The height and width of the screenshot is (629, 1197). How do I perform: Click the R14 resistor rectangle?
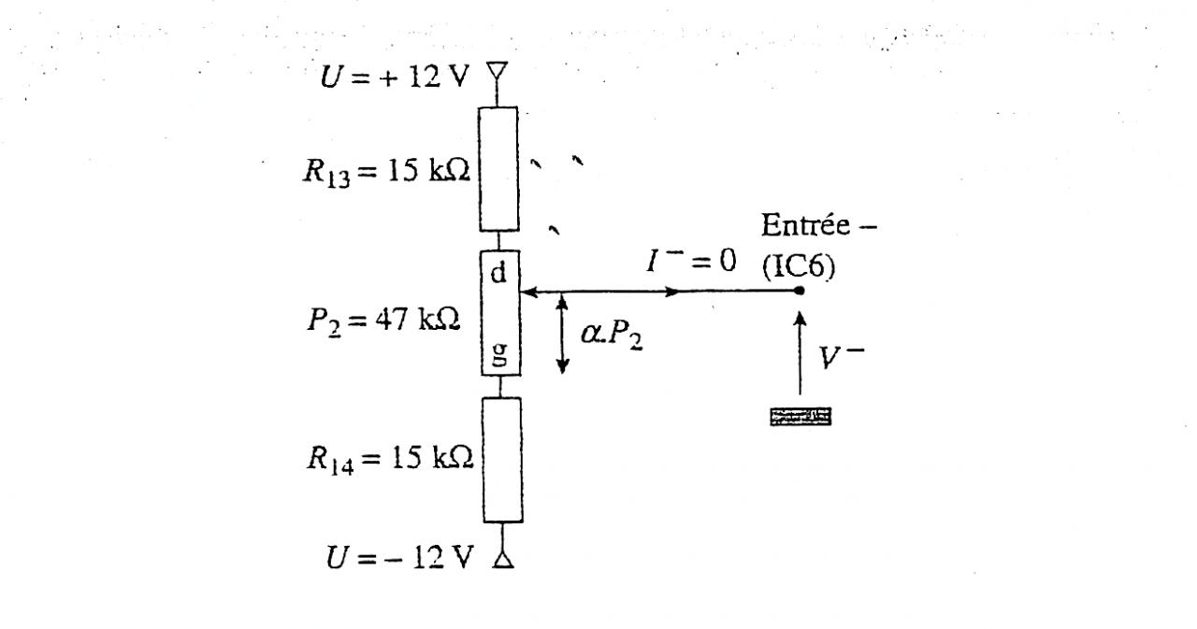click(x=501, y=459)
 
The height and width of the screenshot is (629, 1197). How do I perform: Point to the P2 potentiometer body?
click(x=500, y=312)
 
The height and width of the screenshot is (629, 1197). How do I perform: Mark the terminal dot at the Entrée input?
click(x=800, y=291)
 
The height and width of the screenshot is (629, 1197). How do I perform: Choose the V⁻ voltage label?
click(x=838, y=356)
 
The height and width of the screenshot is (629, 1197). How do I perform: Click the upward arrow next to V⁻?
click(x=800, y=353)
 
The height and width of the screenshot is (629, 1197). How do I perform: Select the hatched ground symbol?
click(x=800, y=417)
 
